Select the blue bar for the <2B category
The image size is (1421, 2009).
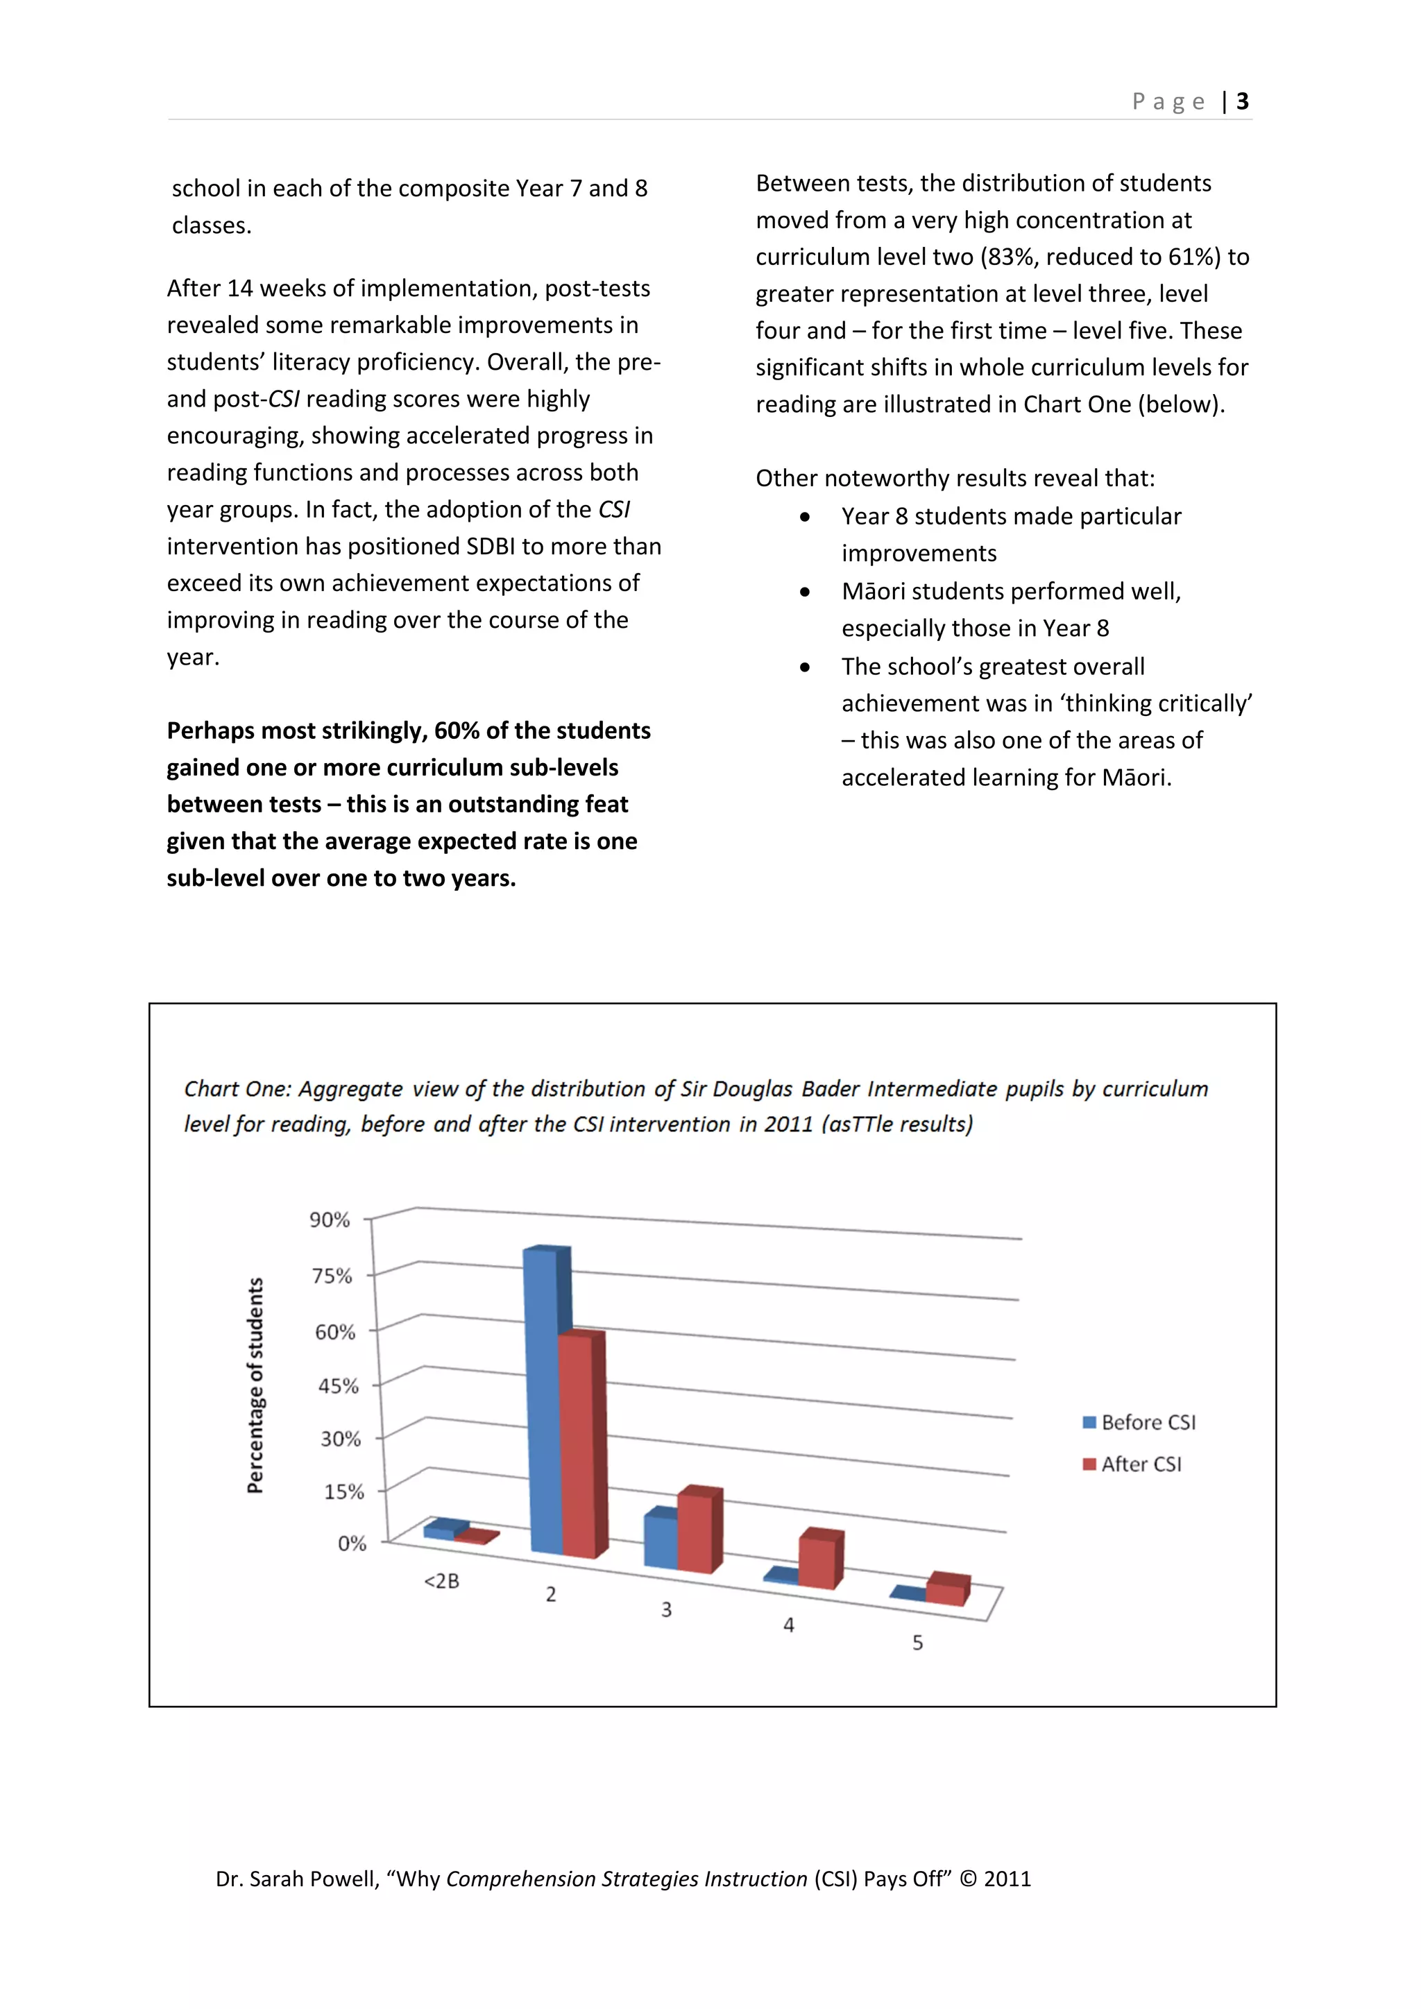point(440,1531)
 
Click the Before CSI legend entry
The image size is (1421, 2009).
point(1139,1423)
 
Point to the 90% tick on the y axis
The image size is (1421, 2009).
point(330,1220)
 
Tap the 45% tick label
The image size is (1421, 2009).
point(338,1386)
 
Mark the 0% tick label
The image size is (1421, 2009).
point(352,1544)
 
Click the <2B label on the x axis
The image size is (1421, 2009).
point(442,1581)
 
